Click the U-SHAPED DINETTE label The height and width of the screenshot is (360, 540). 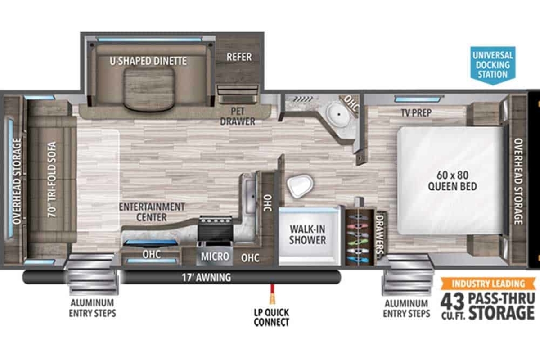(x=148, y=61)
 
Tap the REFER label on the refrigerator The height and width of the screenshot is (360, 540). (x=239, y=57)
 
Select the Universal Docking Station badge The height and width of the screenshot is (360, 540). (x=493, y=65)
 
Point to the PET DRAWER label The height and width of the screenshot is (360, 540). (x=238, y=116)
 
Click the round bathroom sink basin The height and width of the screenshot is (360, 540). (x=338, y=114)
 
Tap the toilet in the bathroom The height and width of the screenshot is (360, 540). (x=300, y=186)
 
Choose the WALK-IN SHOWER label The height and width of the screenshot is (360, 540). (x=308, y=234)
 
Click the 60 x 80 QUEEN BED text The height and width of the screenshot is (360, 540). (x=453, y=180)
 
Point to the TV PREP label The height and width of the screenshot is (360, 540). (x=416, y=112)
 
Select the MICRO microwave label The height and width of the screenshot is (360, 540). (x=215, y=256)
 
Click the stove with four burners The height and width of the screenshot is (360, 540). (x=215, y=228)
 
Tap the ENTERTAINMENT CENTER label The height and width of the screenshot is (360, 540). (x=152, y=212)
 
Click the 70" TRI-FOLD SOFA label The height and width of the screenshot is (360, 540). (x=52, y=180)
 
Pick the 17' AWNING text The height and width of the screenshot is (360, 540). (x=207, y=278)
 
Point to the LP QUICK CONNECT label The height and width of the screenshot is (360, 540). (x=271, y=317)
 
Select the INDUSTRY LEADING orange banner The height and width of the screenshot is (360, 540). (x=488, y=283)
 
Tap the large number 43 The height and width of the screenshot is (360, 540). (x=452, y=301)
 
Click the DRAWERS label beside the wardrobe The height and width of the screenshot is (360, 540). (x=379, y=234)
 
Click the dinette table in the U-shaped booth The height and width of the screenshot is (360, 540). (x=149, y=89)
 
